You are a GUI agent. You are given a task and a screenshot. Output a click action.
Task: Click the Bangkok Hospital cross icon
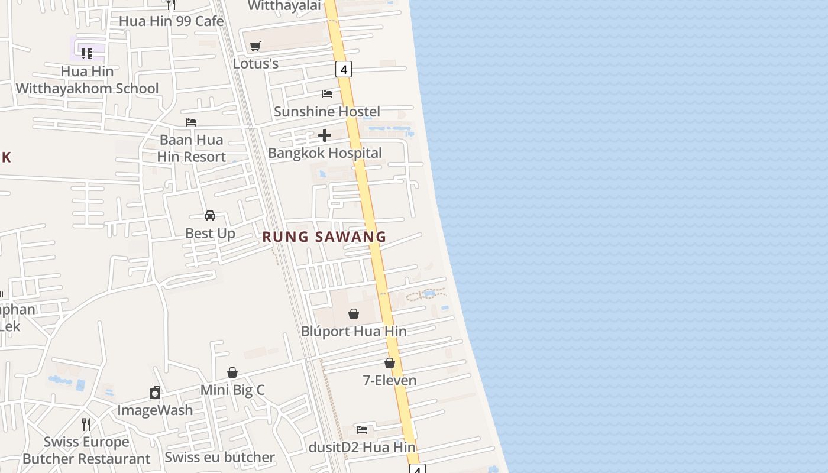tap(324, 136)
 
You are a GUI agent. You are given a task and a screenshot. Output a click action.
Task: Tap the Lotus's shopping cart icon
tap(255, 46)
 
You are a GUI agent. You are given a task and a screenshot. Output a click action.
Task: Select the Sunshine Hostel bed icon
tap(326, 93)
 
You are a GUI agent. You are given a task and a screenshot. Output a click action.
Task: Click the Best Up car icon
tap(210, 216)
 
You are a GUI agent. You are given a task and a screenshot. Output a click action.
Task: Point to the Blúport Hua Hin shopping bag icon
tap(354, 314)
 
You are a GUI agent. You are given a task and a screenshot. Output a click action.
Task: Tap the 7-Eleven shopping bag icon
tap(390, 363)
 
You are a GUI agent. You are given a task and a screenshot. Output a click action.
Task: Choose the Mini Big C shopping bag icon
tap(232, 372)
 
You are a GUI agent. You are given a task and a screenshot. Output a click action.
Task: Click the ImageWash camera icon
tap(155, 393)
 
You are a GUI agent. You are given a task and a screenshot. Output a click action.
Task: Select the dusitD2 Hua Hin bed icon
tap(362, 429)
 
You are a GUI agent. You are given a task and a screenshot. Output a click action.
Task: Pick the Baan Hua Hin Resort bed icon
tap(191, 122)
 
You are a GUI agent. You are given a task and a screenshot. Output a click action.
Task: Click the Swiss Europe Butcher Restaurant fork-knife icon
tap(86, 424)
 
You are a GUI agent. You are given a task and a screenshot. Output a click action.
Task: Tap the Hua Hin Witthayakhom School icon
tap(87, 54)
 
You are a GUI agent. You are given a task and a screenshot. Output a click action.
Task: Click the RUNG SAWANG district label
tap(324, 237)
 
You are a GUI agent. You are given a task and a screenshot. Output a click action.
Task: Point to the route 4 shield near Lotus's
tap(343, 69)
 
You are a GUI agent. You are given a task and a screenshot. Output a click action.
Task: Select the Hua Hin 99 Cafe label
tap(171, 21)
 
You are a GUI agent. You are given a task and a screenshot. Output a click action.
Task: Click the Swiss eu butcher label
tap(219, 457)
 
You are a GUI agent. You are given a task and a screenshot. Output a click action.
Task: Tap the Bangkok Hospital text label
tap(325, 153)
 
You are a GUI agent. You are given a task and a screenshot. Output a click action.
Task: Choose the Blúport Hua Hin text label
tap(354, 331)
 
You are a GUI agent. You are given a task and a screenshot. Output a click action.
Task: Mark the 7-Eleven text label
tap(390, 380)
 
